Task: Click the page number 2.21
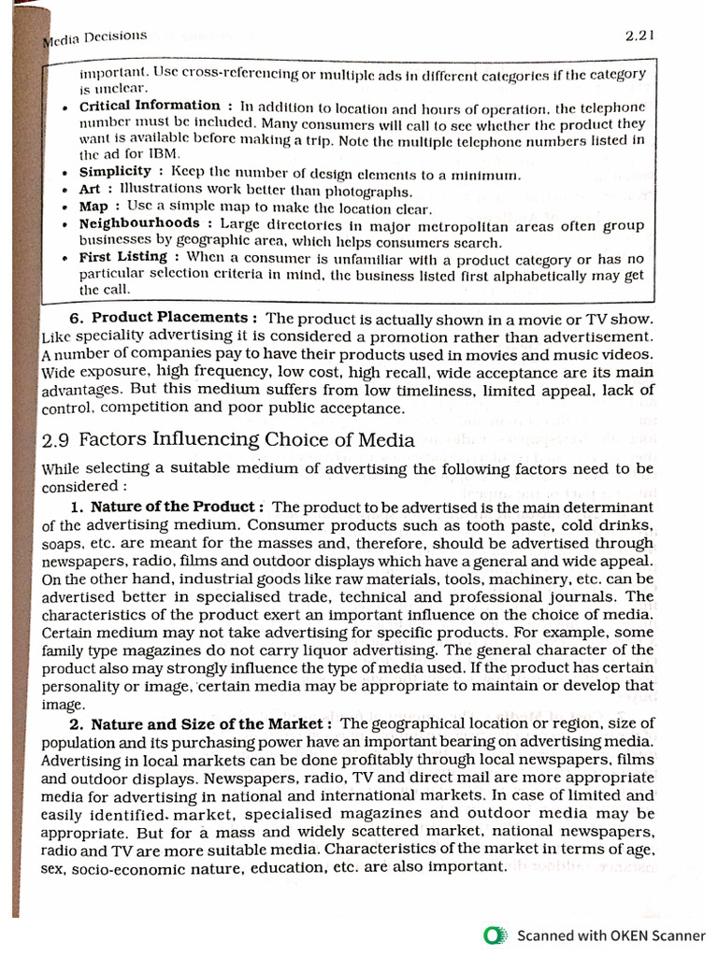tap(639, 36)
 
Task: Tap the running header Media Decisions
tap(96, 37)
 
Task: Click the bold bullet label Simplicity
tap(115, 171)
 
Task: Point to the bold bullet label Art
tap(90, 189)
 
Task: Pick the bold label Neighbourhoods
tap(139, 223)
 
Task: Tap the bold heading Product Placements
tap(169, 318)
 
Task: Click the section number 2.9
tap(57, 440)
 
